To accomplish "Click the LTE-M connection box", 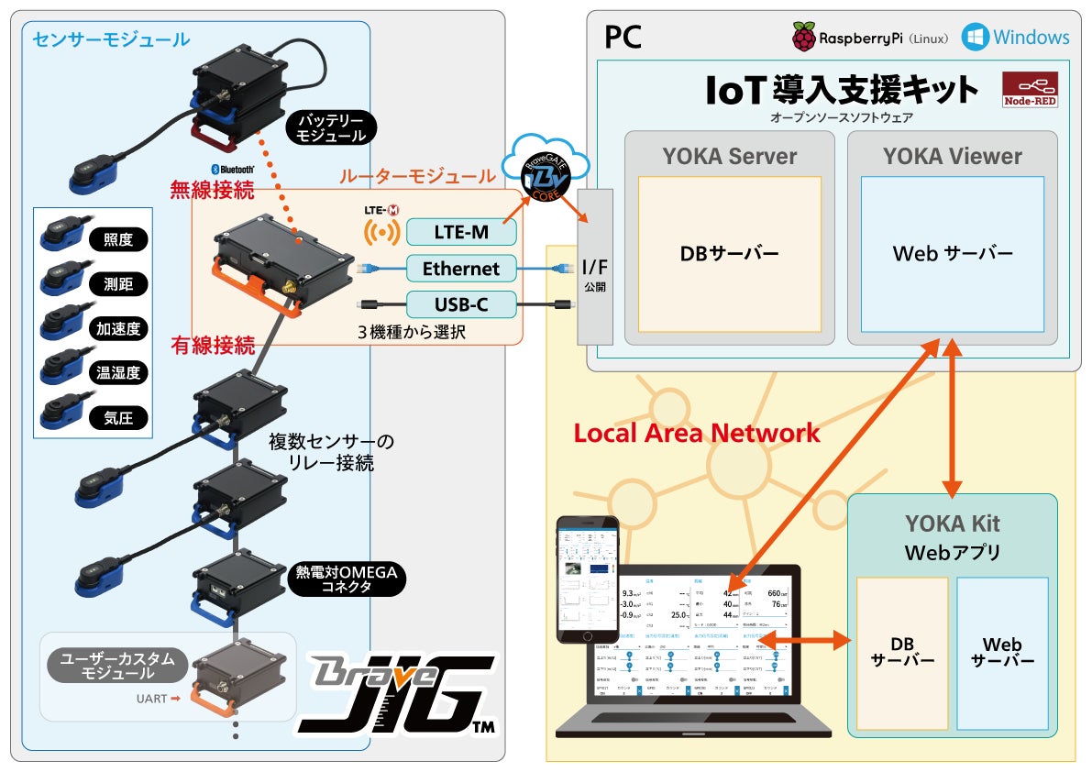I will point(461,232).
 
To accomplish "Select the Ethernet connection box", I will point(461,269).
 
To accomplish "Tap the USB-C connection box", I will point(461,304).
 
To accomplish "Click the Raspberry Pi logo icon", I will point(804,38).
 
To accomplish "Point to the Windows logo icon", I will point(975,38).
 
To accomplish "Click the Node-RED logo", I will point(1031,90).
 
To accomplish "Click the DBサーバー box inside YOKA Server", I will point(730,254).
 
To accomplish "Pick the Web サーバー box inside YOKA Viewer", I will point(953,254).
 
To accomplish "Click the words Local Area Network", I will point(697,433).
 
